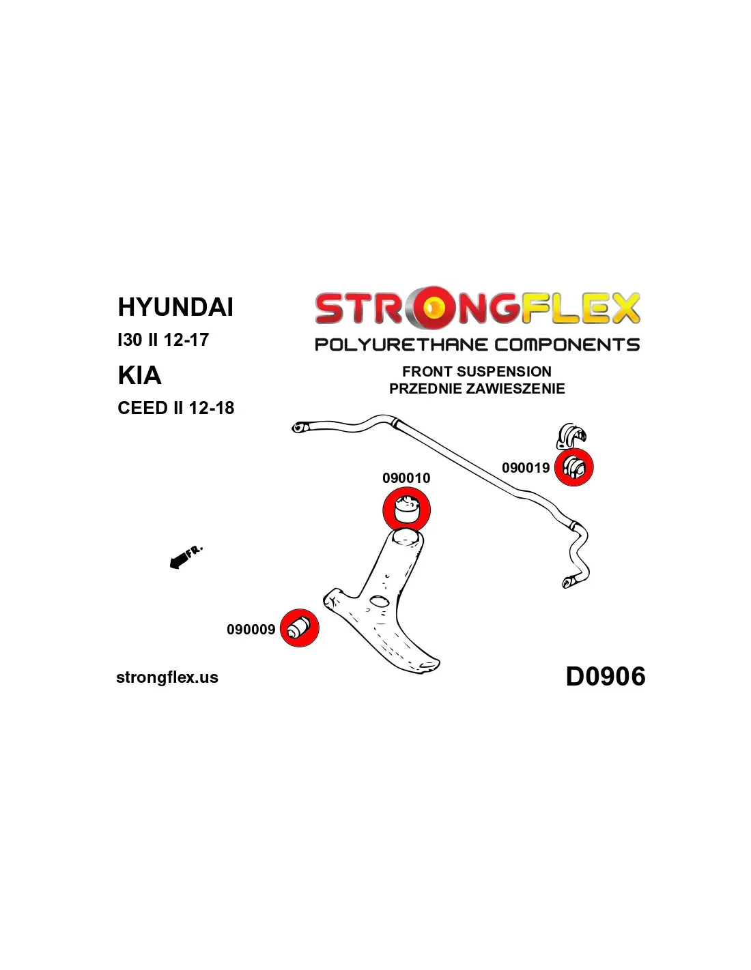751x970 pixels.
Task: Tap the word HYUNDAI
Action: (x=175, y=307)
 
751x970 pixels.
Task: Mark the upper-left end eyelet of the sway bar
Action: (x=298, y=428)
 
